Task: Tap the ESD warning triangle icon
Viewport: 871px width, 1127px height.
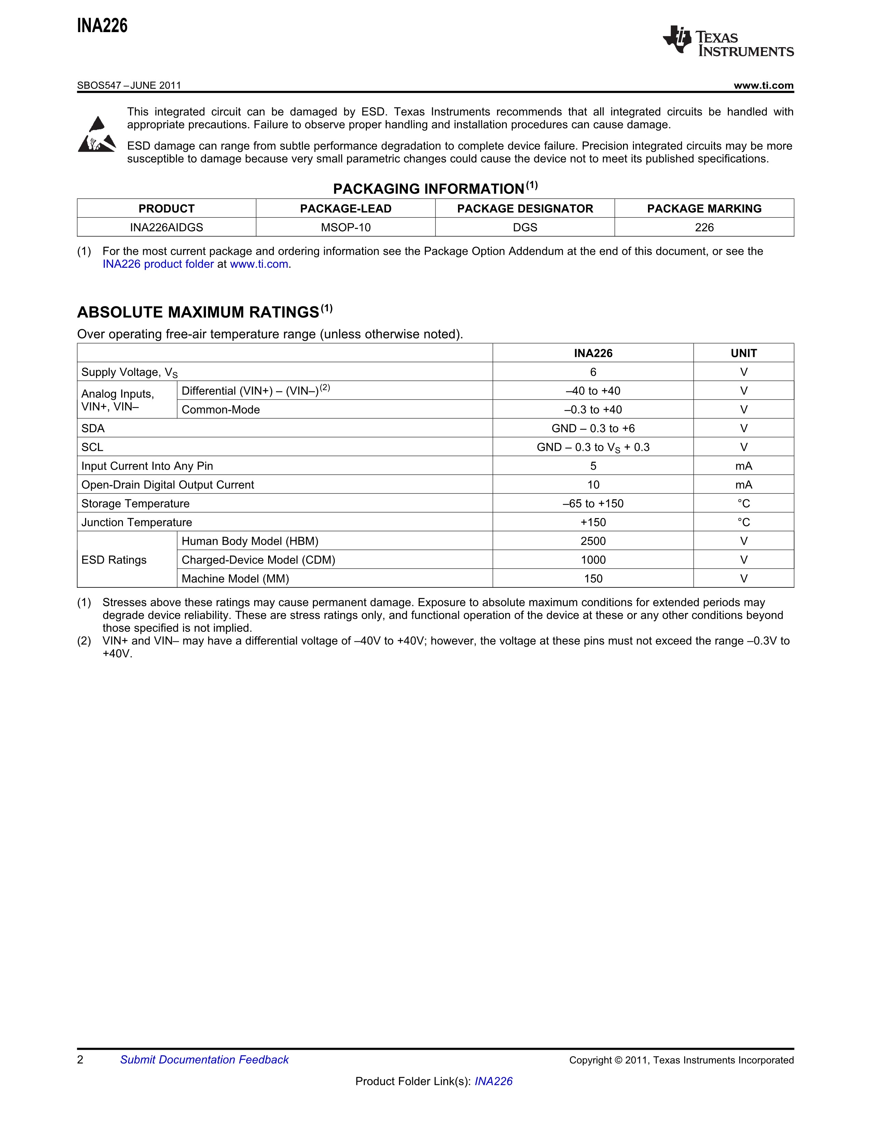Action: (96, 135)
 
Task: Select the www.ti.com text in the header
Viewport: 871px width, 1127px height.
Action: (763, 86)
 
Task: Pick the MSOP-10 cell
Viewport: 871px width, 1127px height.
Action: (346, 227)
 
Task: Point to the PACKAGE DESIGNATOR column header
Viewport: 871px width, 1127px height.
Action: (525, 208)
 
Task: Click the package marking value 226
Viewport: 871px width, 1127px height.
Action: (704, 227)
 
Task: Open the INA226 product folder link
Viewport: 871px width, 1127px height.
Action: (158, 264)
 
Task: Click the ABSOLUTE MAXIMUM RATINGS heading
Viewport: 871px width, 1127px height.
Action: (198, 312)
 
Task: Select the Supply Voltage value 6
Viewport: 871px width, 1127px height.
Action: (593, 372)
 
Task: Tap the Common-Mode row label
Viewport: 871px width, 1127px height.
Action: (221, 410)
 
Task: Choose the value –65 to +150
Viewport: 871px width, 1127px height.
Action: (593, 504)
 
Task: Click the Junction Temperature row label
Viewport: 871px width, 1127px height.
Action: (137, 522)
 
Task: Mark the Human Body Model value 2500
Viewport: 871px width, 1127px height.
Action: (593, 541)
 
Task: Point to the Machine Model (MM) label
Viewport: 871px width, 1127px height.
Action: (235, 579)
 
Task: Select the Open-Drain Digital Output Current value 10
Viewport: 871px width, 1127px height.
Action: (593, 485)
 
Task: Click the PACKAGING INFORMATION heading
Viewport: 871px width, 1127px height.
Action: (428, 189)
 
